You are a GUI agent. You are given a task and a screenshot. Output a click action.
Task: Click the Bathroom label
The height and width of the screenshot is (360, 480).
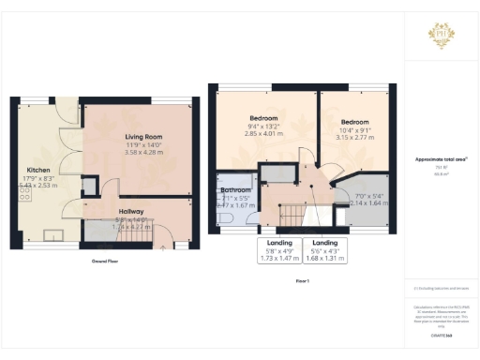(x=235, y=190)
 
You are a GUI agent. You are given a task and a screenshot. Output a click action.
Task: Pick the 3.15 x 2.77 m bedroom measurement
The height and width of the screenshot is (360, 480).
(x=354, y=138)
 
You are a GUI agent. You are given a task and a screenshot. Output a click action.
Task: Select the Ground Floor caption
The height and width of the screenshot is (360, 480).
(x=105, y=261)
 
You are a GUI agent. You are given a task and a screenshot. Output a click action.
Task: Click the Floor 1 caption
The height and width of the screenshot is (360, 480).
(x=302, y=280)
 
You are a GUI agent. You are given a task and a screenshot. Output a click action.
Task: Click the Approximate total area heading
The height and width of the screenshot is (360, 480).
(x=442, y=160)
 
